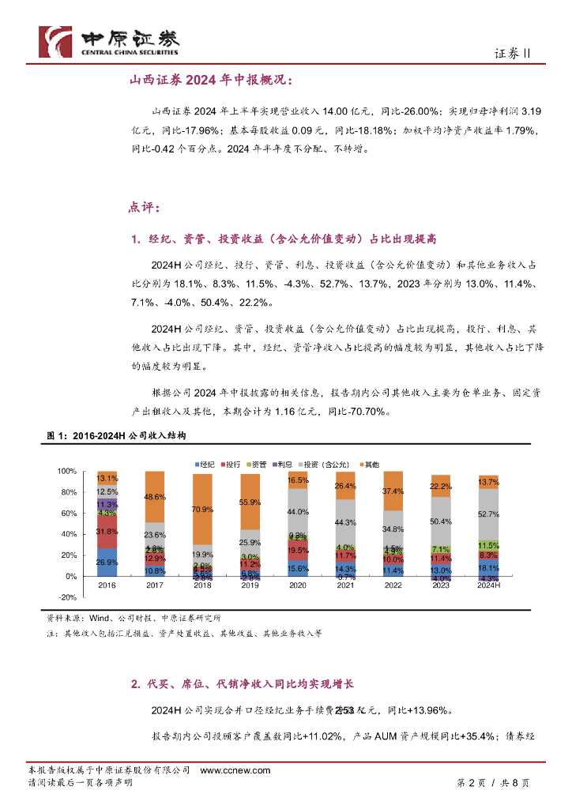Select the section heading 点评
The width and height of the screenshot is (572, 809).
click(x=144, y=208)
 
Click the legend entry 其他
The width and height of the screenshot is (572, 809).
click(x=368, y=462)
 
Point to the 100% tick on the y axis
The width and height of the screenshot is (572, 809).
click(x=66, y=472)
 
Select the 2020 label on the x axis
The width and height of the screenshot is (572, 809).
click(x=298, y=586)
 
